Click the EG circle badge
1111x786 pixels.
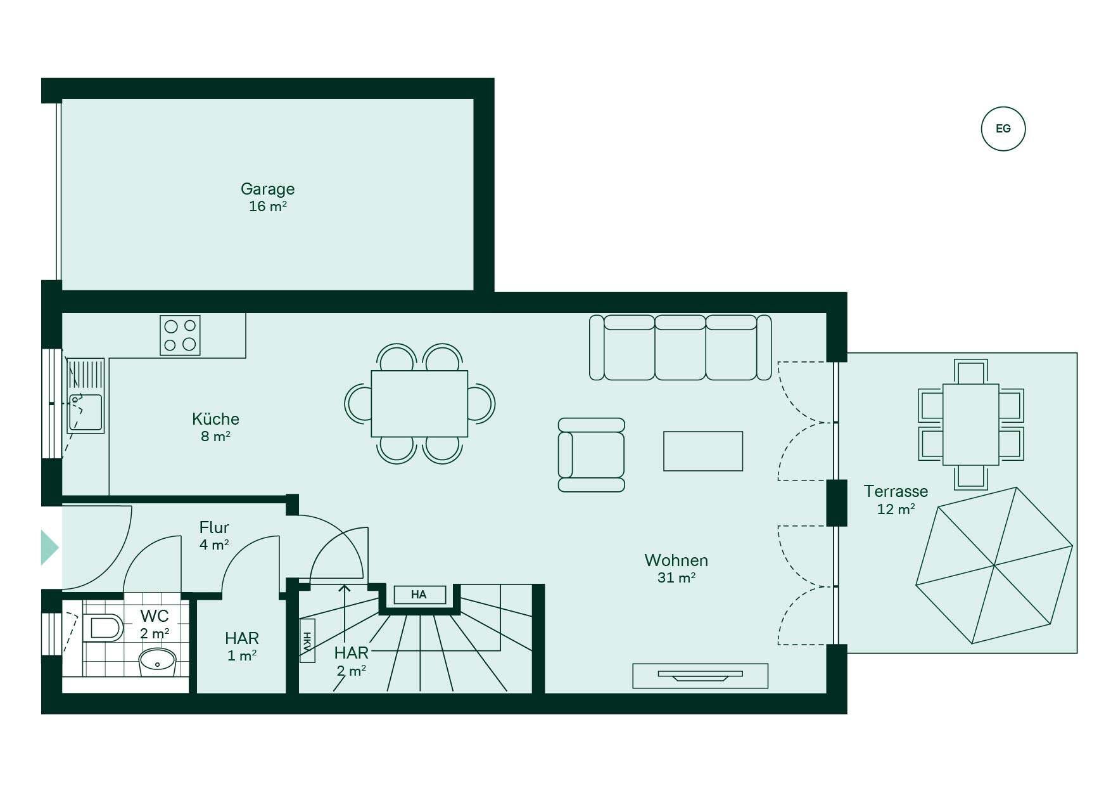(x=1003, y=129)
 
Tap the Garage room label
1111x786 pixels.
(x=267, y=189)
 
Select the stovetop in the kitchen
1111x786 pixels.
(x=180, y=335)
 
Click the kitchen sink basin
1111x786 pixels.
(x=85, y=413)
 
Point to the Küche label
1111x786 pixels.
(x=215, y=419)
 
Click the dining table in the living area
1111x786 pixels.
(x=419, y=404)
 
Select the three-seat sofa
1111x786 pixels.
(x=680, y=347)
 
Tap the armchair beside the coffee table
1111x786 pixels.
(x=591, y=454)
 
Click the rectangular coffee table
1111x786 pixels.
(x=703, y=451)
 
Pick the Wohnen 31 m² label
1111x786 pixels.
(x=676, y=568)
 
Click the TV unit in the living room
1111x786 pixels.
(x=700, y=676)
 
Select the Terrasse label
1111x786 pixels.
(x=896, y=491)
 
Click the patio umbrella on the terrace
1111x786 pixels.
(x=994, y=565)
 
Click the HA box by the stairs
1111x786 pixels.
(x=419, y=595)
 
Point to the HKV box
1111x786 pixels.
(x=307, y=641)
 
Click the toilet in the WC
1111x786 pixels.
(x=103, y=628)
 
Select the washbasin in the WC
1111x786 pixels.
(x=157, y=662)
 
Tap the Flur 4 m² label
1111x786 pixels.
(x=214, y=536)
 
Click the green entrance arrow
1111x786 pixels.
(x=49, y=547)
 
